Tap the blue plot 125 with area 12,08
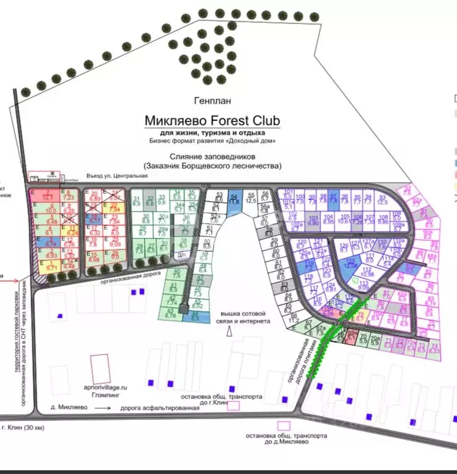coord(350,263)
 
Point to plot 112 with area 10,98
coord(368,272)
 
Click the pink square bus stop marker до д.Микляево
coord(283,426)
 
